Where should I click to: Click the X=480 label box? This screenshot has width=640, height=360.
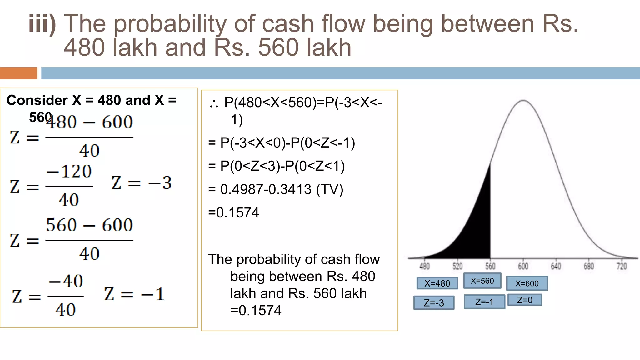437,283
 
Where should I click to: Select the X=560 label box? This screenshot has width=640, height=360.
482,281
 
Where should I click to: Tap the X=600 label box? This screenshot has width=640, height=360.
527,283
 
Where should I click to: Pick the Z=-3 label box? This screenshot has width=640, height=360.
434,302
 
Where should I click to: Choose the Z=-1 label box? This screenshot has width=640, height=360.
484,302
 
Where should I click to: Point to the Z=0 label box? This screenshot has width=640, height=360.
525,300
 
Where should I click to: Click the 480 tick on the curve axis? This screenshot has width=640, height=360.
424,266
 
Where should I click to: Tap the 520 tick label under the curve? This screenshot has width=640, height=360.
457,266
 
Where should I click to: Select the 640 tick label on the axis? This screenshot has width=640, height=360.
556,266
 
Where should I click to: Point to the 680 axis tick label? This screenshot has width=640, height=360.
589,266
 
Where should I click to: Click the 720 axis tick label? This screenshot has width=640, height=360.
622,266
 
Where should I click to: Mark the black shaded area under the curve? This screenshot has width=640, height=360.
475,231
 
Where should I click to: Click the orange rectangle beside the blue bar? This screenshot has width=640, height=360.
18,73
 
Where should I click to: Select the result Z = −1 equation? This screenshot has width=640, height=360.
134,294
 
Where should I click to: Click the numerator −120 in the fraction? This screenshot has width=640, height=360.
69,171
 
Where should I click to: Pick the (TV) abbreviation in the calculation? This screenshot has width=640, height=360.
330,189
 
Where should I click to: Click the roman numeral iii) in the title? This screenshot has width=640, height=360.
42,23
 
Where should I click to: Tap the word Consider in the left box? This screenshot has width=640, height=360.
37,100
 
